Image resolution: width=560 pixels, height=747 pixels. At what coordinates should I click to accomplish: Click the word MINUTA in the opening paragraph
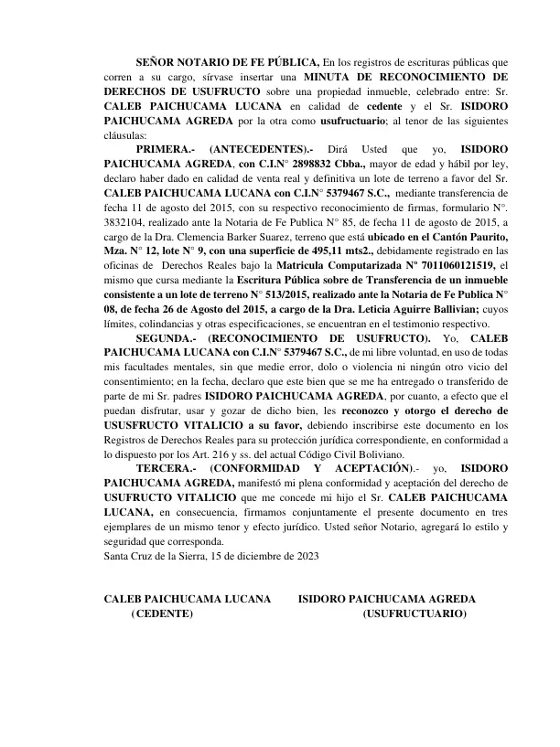328,78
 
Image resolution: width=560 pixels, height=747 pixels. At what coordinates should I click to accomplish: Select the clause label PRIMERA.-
165,148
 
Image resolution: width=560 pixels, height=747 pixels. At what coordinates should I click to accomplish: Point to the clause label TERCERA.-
166,467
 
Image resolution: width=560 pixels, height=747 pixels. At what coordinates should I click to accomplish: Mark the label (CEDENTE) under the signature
162,614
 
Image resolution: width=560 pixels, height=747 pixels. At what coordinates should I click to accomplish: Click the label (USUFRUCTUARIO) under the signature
415,614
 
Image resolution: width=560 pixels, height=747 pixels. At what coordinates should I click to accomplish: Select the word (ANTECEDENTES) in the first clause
261,148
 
